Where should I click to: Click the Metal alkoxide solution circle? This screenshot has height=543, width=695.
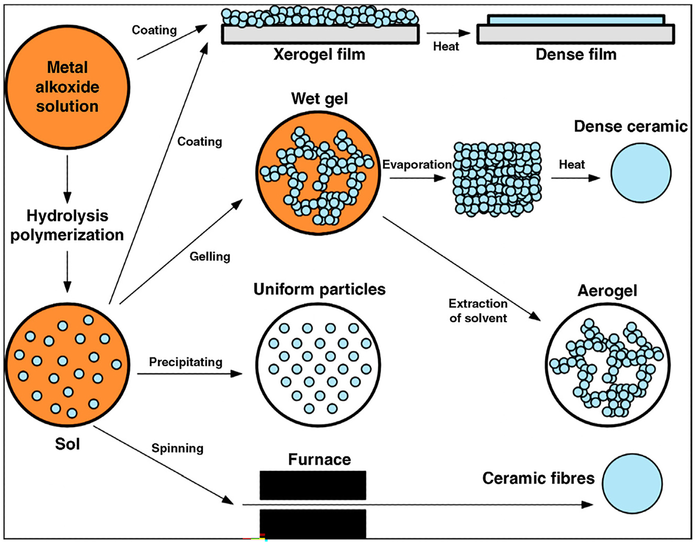tap(67, 87)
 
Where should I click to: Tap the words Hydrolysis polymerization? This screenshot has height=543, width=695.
tap(67, 225)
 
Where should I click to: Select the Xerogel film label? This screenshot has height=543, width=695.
tap(319, 54)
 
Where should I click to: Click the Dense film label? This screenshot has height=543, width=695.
tap(576, 54)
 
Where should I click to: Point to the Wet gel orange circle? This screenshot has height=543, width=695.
tap(319, 172)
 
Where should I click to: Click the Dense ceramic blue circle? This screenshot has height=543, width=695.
tap(641, 173)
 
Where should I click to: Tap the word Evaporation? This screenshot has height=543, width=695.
tap(417, 165)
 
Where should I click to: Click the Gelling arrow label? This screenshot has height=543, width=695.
tap(210, 256)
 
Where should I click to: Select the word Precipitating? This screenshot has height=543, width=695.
tap(185, 362)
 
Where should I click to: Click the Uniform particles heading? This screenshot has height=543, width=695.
tap(319, 289)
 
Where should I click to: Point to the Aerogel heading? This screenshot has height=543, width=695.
tap(607, 291)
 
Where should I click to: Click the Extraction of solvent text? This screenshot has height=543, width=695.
tap(478, 311)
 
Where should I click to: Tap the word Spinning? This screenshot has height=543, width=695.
tap(177, 448)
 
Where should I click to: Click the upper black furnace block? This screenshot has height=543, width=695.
tap(312, 485)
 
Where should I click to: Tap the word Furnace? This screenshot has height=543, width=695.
tap(319, 459)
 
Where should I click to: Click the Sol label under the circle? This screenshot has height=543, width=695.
tap(67, 444)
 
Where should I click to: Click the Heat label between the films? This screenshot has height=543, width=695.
tap(446, 47)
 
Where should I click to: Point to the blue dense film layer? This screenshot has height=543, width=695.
tap(576, 20)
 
